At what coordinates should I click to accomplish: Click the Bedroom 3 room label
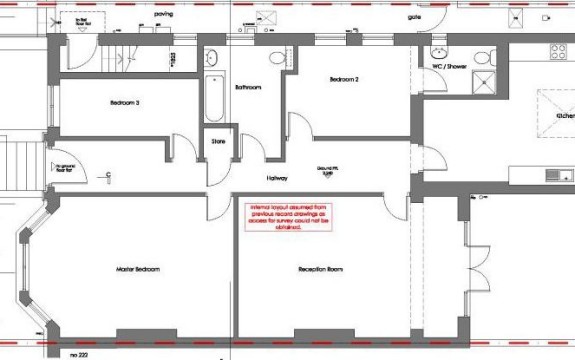pyautogui.click(x=125, y=103)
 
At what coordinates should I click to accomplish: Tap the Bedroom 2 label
pyautogui.click(x=343, y=79)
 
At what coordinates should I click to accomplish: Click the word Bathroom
pyautogui.click(x=248, y=88)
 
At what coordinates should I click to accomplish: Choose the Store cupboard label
pyautogui.click(x=219, y=142)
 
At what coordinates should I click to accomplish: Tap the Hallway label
pyautogui.click(x=277, y=178)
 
